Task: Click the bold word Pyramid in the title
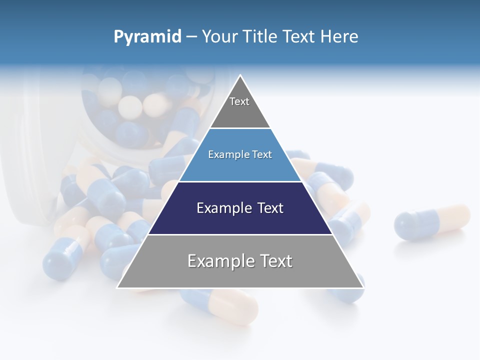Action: coord(147,37)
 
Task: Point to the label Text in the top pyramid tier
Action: coord(239,101)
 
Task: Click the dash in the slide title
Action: coord(191,37)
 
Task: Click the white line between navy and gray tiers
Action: coord(240,234)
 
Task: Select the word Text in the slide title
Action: coord(298,37)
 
